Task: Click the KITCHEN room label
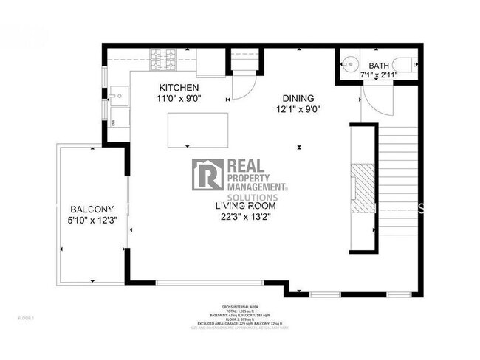coord(178,88)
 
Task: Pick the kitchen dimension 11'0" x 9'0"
coord(178,98)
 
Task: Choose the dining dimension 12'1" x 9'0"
coord(298,108)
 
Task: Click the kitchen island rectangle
coord(198,129)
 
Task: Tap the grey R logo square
coord(208,174)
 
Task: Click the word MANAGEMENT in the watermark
coord(255,188)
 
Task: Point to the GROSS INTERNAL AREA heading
coord(239,307)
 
